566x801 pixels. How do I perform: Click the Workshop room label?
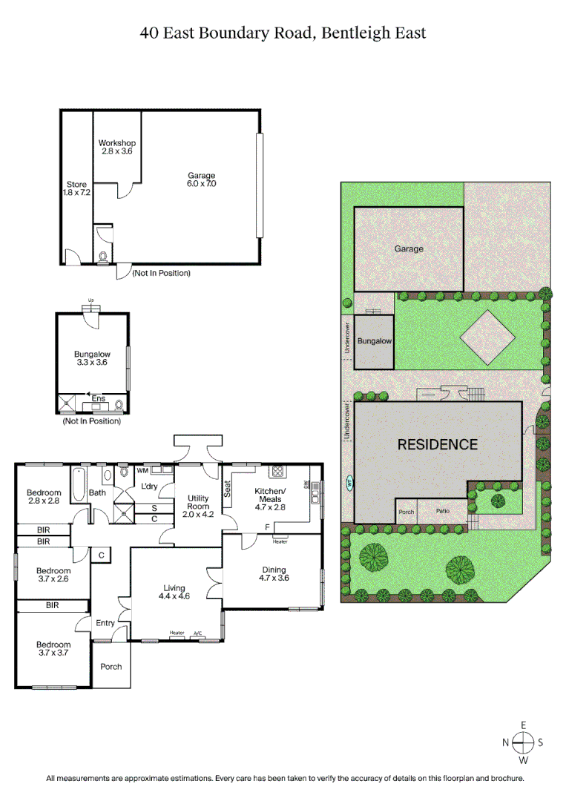[116, 147]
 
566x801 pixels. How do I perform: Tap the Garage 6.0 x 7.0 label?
[201, 179]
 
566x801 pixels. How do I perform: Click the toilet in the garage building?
[103, 257]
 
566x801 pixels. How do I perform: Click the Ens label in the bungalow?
[98, 399]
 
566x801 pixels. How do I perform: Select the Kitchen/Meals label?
[270, 495]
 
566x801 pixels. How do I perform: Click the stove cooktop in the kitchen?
[279, 470]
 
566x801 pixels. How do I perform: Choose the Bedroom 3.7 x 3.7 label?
[53, 649]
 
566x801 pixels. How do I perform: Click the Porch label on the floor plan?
[111, 666]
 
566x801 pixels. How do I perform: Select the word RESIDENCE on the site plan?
[438, 445]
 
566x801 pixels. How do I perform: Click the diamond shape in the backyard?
[487, 337]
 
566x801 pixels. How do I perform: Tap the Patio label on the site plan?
[442, 511]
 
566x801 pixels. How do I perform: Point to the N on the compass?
[505, 742]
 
